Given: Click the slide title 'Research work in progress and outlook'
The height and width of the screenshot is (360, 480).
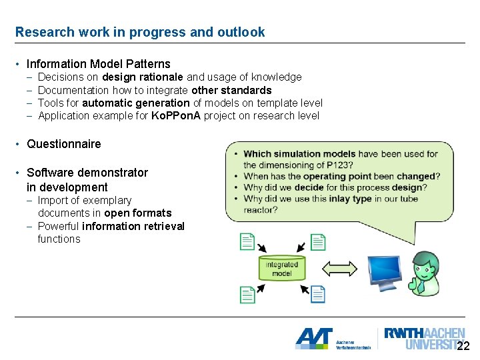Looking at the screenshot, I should (x=140, y=32).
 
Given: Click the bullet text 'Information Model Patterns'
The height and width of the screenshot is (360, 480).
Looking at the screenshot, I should (x=98, y=64).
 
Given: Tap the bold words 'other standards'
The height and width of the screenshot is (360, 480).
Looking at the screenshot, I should (x=231, y=90).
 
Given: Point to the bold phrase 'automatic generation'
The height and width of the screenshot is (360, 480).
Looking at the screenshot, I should (x=135, y=103).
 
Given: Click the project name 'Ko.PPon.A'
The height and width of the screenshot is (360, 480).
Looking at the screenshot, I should (x=176, y=115).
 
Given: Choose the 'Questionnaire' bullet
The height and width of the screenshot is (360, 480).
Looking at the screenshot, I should (x=63, y=144).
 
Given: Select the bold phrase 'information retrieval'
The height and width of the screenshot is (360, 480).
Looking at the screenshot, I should (x=133, y=226).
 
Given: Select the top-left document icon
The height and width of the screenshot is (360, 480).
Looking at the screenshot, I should (x=247, y=241).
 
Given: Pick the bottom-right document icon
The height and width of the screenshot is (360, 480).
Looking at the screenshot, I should (x=317, y=293).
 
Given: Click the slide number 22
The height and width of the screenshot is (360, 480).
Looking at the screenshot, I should (x=463, y=346).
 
